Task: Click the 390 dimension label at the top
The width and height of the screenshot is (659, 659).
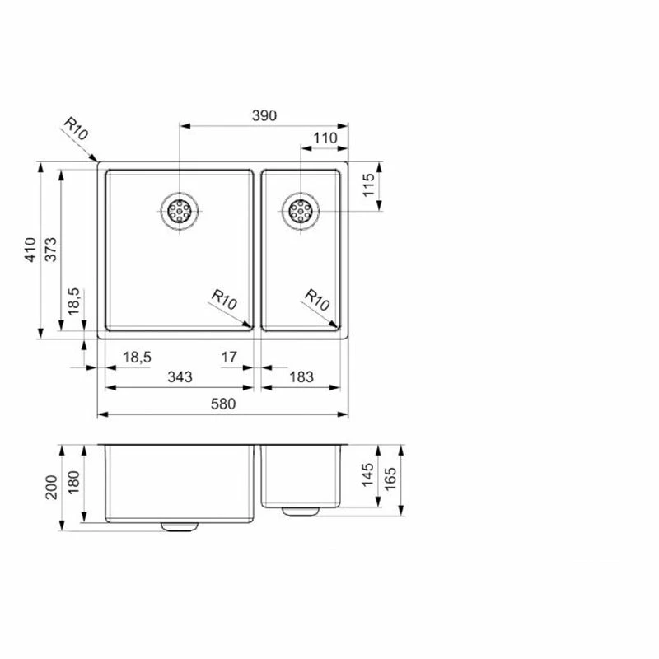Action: click(264, 115)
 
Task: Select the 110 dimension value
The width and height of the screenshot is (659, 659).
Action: click(325, 138)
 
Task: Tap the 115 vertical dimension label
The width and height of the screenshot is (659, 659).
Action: click(368, 185)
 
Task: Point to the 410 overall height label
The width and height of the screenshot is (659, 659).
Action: click(30, 250)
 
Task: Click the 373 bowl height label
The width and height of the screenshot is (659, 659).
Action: click(50, 250)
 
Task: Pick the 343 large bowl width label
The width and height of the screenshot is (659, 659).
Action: click(180, 377)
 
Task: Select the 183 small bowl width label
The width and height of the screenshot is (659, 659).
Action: click(301, 377)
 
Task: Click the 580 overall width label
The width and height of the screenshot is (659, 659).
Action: click(223, 404)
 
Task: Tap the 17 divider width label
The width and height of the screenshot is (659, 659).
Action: click(229, 358)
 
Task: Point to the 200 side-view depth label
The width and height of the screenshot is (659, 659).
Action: click(51, 488)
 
